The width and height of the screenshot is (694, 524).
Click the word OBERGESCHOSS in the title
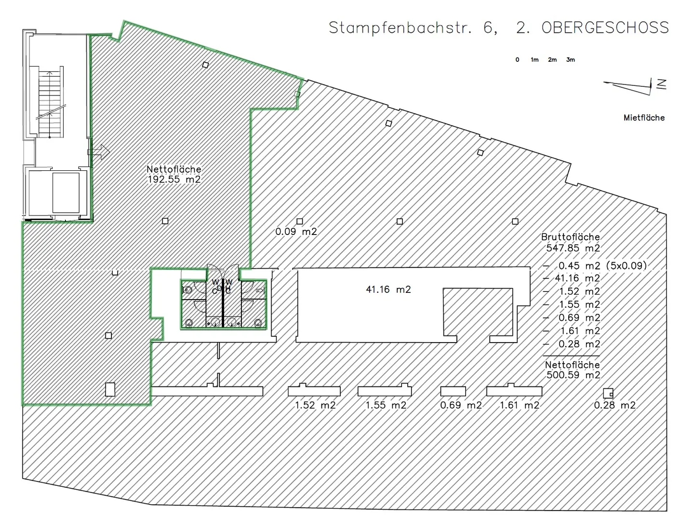[605, 28]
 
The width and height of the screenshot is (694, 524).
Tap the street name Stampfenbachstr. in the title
[400, 28]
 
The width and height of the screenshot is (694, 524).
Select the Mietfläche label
[644, 118]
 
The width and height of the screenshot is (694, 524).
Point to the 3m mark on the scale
[570, 60]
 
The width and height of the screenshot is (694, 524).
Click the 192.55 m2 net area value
[174, 179]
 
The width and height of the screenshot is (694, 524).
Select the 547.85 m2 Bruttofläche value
[573, 248]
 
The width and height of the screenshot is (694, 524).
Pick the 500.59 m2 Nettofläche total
[573, 375]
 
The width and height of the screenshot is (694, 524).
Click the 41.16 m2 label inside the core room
[388, 290]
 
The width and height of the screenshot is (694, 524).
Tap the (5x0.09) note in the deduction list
[627, 265]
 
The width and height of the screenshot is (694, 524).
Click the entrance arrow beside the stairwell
[99, 152]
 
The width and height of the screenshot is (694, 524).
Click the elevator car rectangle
[66, 193]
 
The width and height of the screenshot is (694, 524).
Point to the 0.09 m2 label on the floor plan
[296, 232]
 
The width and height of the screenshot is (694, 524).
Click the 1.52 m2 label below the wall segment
[315, 405]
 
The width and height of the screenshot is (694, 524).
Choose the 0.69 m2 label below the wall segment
[461, 405]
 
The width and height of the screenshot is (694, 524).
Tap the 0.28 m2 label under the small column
[614, 405]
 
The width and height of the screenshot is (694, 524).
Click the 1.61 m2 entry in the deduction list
[580, 331]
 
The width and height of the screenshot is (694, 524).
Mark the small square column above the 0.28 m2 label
[608, 393]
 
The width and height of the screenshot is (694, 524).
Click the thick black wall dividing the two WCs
[223, 303]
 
